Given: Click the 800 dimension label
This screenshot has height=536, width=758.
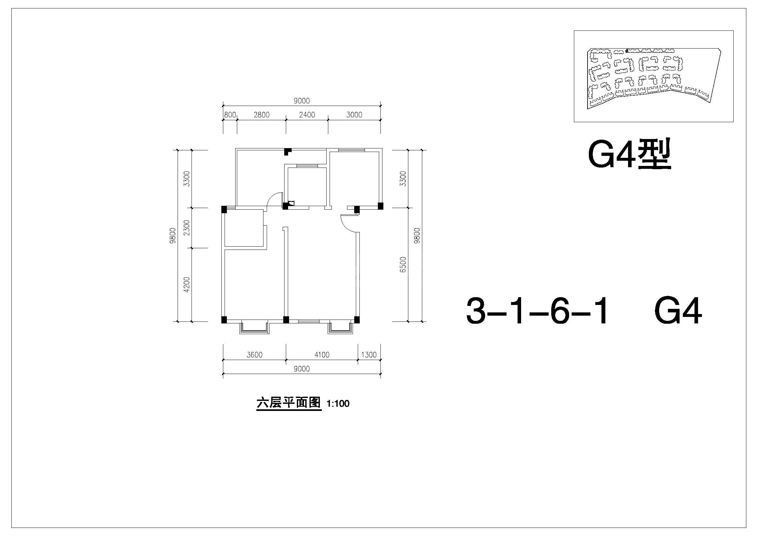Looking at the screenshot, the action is point(230,115).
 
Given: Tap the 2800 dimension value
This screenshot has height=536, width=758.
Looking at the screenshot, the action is point(262,115).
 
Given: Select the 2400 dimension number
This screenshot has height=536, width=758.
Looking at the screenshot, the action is point(307,115).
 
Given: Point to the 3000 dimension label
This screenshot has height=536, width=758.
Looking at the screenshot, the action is point(354,115).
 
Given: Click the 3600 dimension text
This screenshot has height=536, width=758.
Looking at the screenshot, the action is point(254,355).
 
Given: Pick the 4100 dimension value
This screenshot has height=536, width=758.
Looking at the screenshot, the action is point(322,355).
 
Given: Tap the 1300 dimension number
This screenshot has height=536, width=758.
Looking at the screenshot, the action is point(369,355).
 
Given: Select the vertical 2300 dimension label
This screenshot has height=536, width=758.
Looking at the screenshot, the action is point(187,228).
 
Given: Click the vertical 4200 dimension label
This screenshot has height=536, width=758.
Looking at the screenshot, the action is point(187,285).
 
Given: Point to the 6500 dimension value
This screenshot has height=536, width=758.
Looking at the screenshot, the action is point(403,265).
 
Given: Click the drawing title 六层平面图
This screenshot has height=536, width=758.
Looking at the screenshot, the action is point(288,403).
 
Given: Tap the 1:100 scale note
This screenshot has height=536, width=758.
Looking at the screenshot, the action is point(338,404).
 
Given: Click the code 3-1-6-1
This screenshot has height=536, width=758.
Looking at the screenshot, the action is point(536,311).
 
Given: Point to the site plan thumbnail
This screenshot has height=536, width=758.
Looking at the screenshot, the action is point(654,76).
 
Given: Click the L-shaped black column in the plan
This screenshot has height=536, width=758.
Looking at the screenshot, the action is point(288,151).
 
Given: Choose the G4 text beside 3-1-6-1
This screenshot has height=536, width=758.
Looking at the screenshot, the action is point(678,311).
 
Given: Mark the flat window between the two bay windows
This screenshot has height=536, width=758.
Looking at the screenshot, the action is point(309,321).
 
